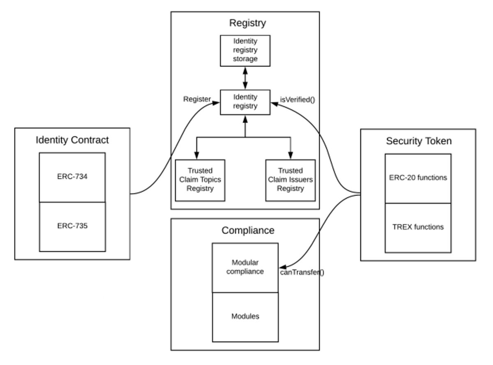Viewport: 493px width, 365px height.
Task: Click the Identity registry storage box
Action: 245,50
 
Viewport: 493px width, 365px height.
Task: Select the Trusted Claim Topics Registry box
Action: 200,180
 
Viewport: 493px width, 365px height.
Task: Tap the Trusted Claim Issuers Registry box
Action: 290,180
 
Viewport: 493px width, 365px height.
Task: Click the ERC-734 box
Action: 72,177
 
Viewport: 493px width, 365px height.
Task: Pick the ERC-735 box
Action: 72,226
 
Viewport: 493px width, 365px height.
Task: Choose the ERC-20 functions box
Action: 418,178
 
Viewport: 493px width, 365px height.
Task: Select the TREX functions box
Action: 418,227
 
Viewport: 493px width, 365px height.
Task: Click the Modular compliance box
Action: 245,267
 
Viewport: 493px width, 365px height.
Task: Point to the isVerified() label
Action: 297,99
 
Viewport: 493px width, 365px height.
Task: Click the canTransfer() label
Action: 302,272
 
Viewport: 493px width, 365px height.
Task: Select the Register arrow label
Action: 197,99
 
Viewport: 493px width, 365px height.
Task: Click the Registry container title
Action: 247,23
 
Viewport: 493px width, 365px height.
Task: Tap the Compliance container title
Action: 248,230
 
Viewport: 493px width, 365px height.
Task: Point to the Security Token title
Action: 419,141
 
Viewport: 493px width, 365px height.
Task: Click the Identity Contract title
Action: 72,140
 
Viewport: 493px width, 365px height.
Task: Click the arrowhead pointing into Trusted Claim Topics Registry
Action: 196,155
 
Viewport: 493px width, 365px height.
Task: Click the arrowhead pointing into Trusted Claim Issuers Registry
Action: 290,155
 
